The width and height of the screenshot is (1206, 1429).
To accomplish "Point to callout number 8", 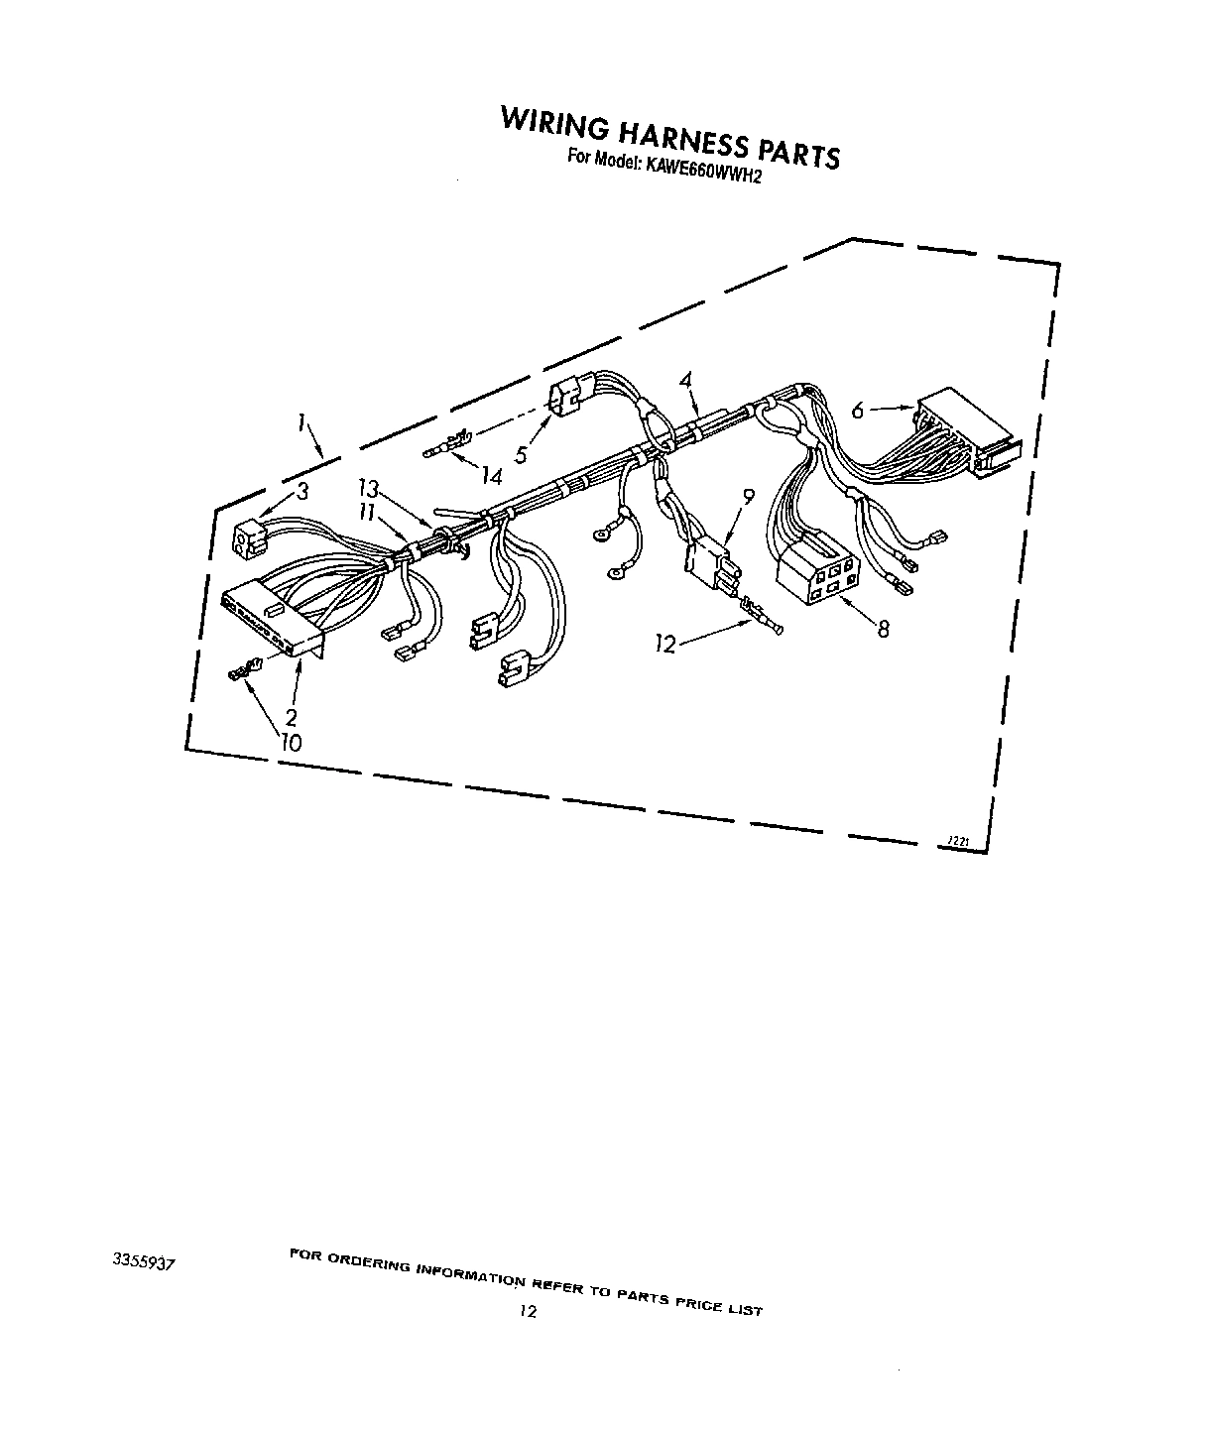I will click(x=883, y=628).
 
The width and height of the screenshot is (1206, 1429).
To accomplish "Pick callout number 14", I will click(x=491, y=476).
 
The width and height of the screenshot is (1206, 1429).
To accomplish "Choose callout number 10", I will click(x=291, y=741).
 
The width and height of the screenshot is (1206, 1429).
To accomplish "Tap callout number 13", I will click(x=369, y=488).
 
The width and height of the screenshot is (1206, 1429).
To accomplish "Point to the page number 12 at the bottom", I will click(x=528, y=1311).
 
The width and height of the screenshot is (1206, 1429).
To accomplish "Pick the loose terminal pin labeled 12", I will click(x=760, y=617).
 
